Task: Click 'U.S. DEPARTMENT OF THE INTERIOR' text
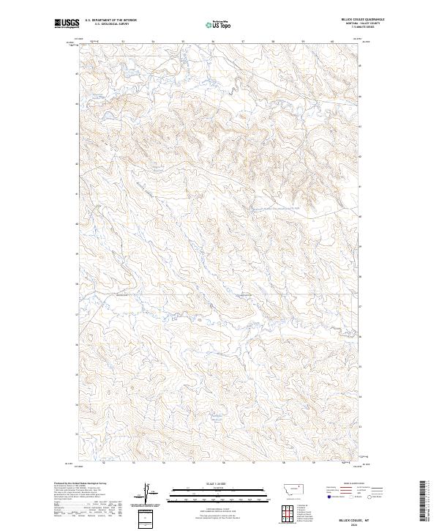click(x=110, y=21)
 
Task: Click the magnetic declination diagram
click(x=146, y=492)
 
